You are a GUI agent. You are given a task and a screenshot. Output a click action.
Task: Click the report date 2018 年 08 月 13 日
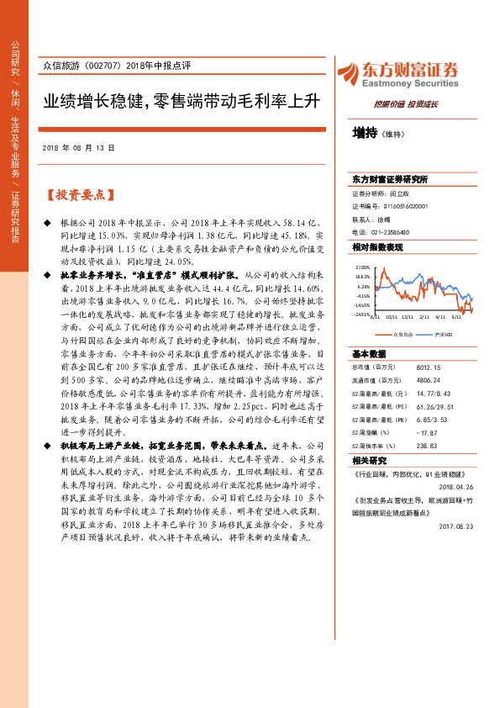click(x=77, y=147)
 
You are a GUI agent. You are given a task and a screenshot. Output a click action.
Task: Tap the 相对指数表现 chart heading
click(x=378, y=248)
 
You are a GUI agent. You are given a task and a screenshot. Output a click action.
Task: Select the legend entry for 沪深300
click(x=442, y=310)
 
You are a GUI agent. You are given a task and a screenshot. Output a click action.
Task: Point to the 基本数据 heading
click(x=369, y=329)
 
